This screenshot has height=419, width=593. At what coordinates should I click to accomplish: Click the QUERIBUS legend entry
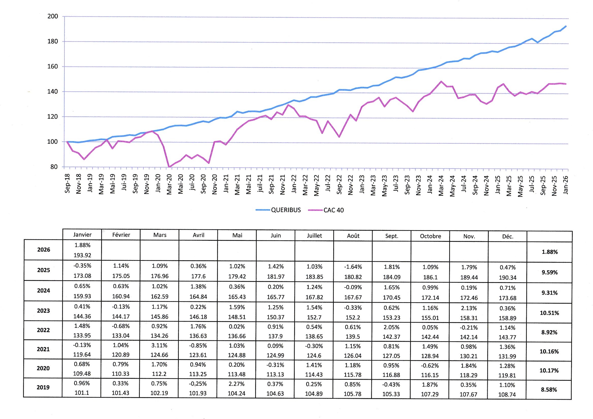(286, 210)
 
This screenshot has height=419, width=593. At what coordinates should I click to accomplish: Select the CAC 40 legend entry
(334, 210)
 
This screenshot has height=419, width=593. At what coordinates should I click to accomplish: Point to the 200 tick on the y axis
(53, 16)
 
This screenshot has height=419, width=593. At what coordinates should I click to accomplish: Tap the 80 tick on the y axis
(54, 167)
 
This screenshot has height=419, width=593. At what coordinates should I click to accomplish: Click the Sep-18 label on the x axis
(67, 184)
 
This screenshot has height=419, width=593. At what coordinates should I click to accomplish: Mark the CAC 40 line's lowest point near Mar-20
(169, 167)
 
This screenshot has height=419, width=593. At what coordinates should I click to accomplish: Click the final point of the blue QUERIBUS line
(566, 26)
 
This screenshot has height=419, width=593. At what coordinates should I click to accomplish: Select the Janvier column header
(82, 235)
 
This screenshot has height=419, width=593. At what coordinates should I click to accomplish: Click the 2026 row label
(44, 250)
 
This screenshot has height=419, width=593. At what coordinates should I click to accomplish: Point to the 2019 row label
(43, 387)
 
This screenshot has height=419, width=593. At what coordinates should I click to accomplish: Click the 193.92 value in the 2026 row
(82, 255)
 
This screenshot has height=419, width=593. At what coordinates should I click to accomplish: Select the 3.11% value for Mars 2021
(160, 345)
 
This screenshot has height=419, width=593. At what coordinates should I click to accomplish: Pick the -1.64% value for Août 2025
(353, 267)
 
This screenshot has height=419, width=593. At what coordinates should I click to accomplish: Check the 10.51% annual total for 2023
(549, 313)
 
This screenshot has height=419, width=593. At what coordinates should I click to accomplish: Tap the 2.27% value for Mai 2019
(237, 384)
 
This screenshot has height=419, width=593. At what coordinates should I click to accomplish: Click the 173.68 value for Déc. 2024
(508, 298)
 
